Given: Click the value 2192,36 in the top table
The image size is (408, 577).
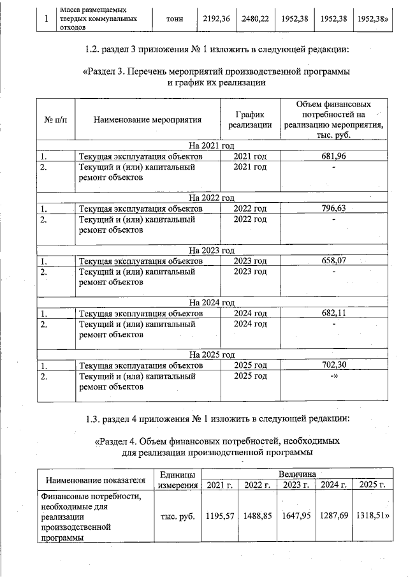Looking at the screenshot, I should click(x=214, y=19).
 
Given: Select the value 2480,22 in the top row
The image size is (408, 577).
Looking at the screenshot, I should click(x=255, y=19).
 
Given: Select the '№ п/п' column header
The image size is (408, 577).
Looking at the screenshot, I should click(x=56, y=119).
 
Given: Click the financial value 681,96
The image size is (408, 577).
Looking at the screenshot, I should click(x=333, y=156).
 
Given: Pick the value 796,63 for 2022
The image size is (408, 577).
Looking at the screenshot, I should click(x=333, y=208).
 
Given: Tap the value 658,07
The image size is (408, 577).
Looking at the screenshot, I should click(x=333, y=261).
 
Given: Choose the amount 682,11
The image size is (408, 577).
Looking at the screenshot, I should click(x=333, y=313).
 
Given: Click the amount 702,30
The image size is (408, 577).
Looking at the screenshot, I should click(x=333, y=366).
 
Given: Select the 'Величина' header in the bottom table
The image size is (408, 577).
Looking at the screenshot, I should click(x=295, y=474).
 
